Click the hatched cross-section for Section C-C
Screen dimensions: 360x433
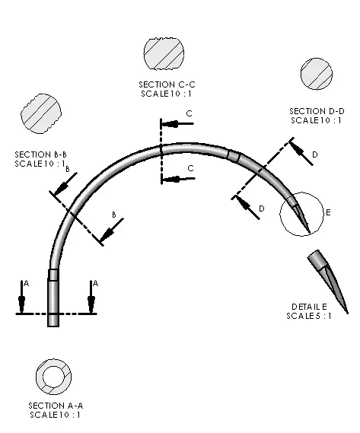pyautogui.click(x=164, y=53)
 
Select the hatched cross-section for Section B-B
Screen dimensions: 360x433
pyautogui.click(x=41, y=114)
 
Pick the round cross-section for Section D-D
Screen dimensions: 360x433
pyautogui.click(x=317, y=74)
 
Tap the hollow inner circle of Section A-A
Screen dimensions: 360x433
pyautogui.click(x=53, y=377)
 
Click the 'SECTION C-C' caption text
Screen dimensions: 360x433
pyautogui.click(x=167, y=84)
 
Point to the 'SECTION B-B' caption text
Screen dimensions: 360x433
pyautogui.click(x=40, y=154)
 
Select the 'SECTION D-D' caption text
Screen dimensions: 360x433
pyautogui.click(x=317, y=111)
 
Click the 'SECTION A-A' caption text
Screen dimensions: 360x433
pyautogui.click(x=56, y=406)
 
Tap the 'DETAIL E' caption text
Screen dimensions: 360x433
pyautogui.click(x=310, y=307)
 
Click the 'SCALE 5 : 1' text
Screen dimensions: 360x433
pyautogui.click(x=309, y=316)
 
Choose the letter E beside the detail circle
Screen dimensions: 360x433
pyautogui.click(x=328, y=212)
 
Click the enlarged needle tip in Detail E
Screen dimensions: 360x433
pyautogui.click(x=328, y=282)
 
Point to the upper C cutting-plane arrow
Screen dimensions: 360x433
pyautogui.click(x=177, y=124)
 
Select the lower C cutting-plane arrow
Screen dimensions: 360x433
pyautogui.click(x=178, y=179)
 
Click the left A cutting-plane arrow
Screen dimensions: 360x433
pyautogui.click(x=21, y=297)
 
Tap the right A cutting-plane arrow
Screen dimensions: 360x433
pyautogui.click(x=91, y=297)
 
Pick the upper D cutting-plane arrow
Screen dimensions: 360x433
pyautogui.click(x=301, y=153)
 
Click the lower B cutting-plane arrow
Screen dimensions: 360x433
pyautogui.click(x=111, y=230)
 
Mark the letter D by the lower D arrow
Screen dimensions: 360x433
pyautogui.click(x=261, y=209)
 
